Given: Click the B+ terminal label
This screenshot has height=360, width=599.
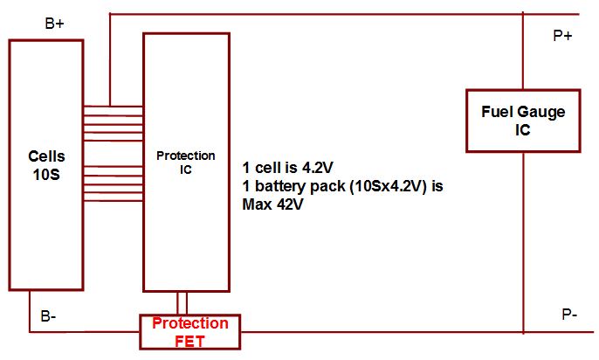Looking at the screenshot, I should point(54,24).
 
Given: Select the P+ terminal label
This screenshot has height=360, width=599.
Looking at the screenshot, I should point(562,36).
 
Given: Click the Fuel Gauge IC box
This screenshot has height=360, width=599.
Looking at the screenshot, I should point(522,120).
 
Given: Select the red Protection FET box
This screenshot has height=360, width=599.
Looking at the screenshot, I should point(190,332).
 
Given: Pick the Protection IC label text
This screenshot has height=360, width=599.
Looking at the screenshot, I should point(185,163).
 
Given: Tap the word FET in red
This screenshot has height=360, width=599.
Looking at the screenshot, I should point(190,341).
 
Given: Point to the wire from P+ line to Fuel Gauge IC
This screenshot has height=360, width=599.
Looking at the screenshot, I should point(522,52).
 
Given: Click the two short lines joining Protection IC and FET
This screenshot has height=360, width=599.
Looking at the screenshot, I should point(182,302).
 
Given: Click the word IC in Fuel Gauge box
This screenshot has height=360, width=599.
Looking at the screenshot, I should point(522,128).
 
